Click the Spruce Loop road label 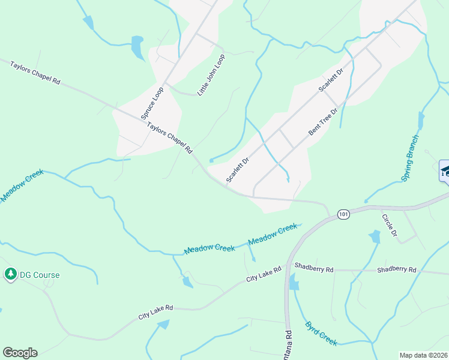pyautogui.click(x=152, y=103)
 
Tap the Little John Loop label pyautogui.click(x=211, y=75)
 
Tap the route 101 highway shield pyautogui.click(x=343, y=214)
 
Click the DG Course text pyautogui.click(x=40, y=275)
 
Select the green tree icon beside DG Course pyautogui.click(x=10, y=275)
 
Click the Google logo pyautogui.click(x=20, y=353)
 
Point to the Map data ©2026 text pyautogui.click(x=423, y=355)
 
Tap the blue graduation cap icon pyautogui.click(x=445, y=171)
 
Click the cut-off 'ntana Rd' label pyautogui.click(x=288, y=344)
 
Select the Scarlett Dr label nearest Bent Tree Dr pyautogui.click(x=331, y=79)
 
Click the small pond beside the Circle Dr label pyautogui.click(x=375, y=237)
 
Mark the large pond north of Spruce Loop pyautogui.click(x=137, y=47)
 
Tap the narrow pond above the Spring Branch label pyautogui.click(x=421, y=121)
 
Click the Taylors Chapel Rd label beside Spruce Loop pyautogui.click(x=170, y=137)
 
